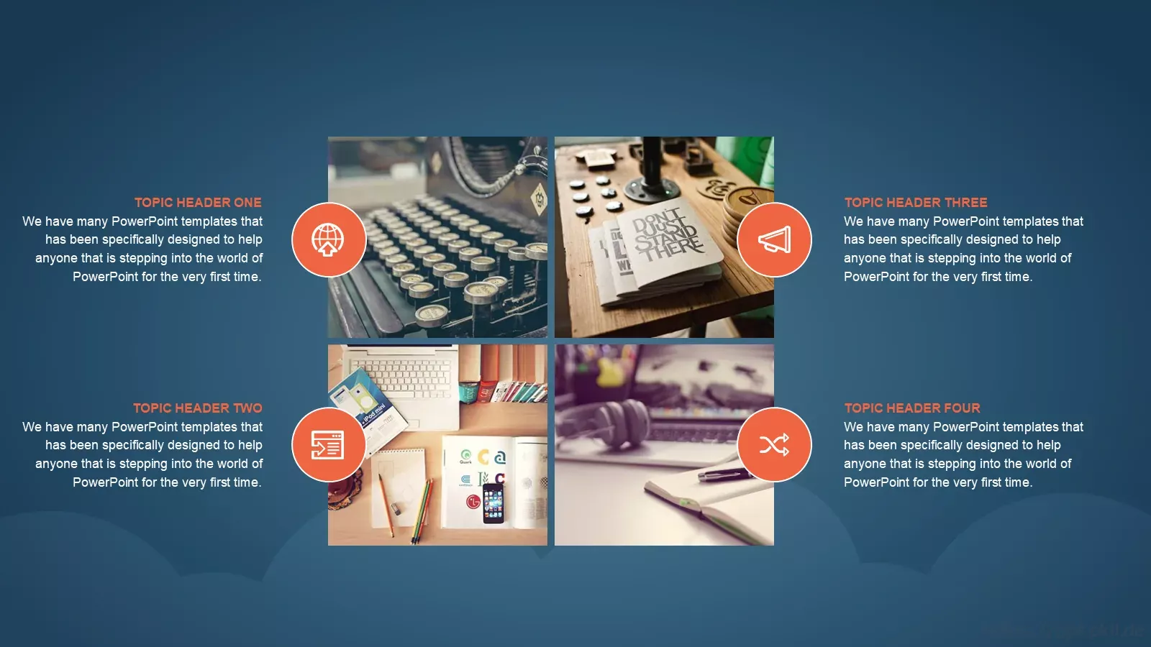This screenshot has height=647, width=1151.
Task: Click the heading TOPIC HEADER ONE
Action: click(198, 202)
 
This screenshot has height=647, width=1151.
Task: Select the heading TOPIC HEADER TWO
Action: click(198, 408)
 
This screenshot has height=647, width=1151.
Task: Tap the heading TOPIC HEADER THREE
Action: click(916, 202)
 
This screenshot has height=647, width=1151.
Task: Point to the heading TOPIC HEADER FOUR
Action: click(912, 408)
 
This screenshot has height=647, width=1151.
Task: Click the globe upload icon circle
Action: click(329, 240)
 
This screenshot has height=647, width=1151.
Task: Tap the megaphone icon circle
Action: click(774, 240)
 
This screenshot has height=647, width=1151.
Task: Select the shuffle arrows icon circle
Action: click(774, 445)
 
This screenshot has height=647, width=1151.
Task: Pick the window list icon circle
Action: click(329, 445)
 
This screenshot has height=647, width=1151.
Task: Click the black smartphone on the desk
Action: click(493, 503)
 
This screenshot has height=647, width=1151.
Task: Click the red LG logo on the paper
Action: click(473, 502)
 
